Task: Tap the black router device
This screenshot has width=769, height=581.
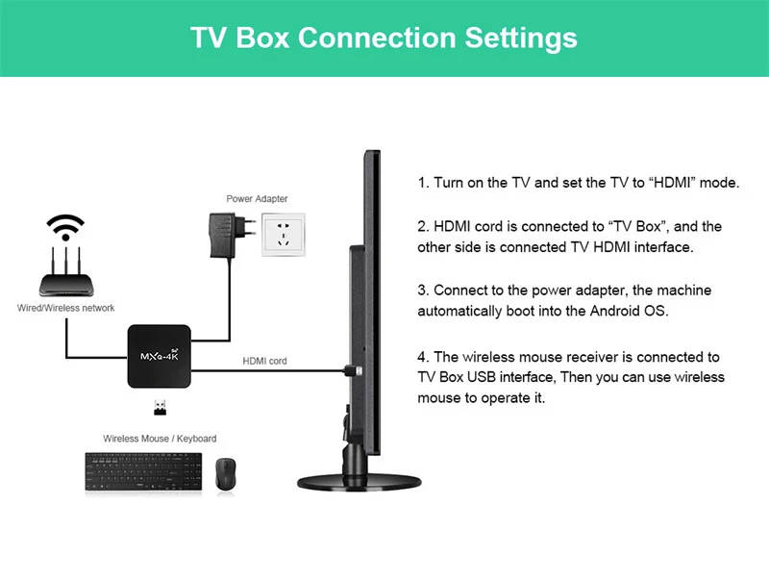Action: click(x=66, y=281)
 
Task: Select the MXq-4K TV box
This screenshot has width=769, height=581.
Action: click(x=160, y=356)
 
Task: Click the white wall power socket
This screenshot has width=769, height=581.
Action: click(x=284, y=235)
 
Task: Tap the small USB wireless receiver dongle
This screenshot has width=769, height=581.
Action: click(x=159, y=408)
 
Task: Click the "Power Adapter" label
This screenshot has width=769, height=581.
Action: click(x=257, y=199)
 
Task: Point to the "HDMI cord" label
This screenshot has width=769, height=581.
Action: click(x=264, y=361)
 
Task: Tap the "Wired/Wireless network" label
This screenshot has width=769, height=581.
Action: click(x=66, y=308)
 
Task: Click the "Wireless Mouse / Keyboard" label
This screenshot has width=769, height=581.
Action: click(x=160, y=439)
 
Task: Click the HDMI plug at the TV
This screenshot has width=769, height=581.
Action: click(x=352, y=368)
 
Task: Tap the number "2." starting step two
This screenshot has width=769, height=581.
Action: click(x=423, y=227)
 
